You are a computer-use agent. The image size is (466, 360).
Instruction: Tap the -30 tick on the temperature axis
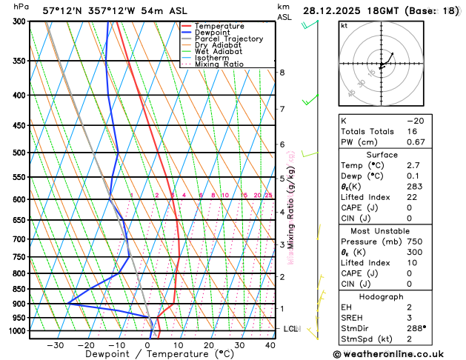(x=56, y=344)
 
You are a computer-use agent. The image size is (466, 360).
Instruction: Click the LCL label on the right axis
(x=291, y=328)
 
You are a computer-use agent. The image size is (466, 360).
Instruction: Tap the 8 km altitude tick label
(x=282, y=72)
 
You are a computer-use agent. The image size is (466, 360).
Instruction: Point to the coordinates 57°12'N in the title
(x=63, y=10)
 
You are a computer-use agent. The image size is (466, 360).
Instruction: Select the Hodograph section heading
(x=379, y=296)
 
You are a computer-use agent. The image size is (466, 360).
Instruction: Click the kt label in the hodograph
(x=344, y=25)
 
